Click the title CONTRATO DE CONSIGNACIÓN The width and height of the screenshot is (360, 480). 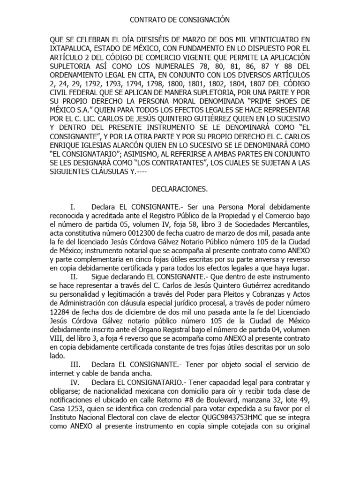pyautogui.click(x=180, y=20)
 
